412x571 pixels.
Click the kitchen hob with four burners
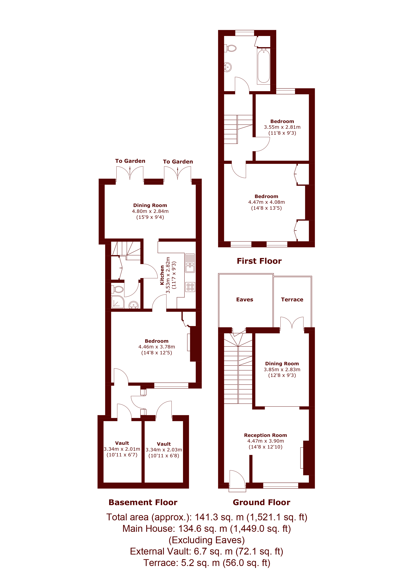pyautogui.click(x=190, y=287)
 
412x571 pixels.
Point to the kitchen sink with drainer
pyautogui.click(x=190, y=263)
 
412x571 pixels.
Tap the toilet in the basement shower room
pyautogui.click(x=118, y=289)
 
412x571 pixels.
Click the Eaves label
pyautogui.click(x=245, y=300)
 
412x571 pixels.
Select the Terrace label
pyautogui.click(x=292, y=300)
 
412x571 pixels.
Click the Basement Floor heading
pyautogui.click(x=143, y=502)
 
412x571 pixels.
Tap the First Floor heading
pyautogui.click(x=259, y=261)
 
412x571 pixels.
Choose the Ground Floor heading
pyautogui.click(x=261, y=502)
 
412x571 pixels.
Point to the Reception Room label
pyautogui.click(x=265, y=435)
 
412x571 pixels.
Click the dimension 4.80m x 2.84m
pyautogui.click(x=150, y=211)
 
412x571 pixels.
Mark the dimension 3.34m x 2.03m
pyautogui.click(x=164, y=450)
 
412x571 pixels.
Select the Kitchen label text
pyautogui.click(x=162, y=275)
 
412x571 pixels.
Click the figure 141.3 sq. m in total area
pyautogui.click(x=219, y=517)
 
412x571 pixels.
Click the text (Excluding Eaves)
pyautogui.click(x=206, y=540)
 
